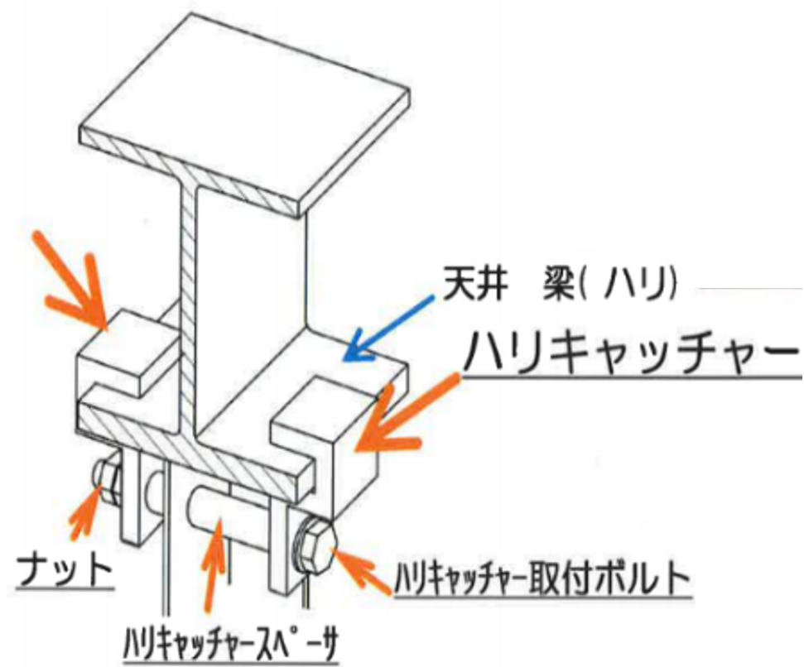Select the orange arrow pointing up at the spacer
214,564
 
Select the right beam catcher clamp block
328,435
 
